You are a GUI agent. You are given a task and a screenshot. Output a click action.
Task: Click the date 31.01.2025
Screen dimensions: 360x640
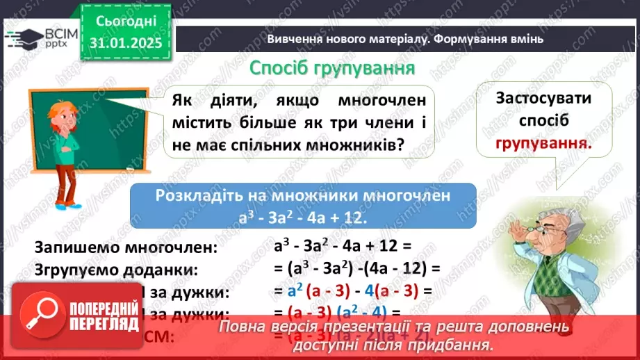pyautogui.click(x=125, y=43)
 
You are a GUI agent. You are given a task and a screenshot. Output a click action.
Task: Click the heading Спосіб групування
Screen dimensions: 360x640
pyautogui.click(x=332, y=69)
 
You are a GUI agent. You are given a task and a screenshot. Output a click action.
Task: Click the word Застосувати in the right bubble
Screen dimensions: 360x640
pyautogui.click(x=543, y=98)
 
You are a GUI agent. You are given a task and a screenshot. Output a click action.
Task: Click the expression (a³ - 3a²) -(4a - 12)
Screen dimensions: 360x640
pyautogui.click(x=357, y=268)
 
